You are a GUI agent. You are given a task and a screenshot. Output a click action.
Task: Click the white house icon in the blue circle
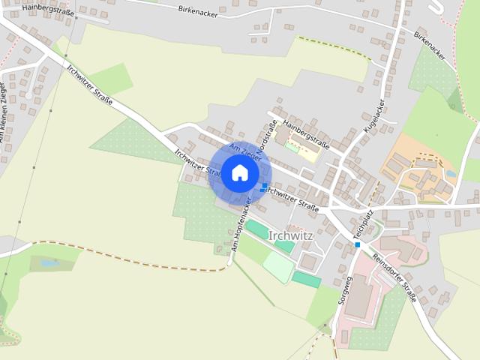[239, 172]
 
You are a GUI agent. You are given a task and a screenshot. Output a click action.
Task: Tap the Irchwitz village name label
[290, 235]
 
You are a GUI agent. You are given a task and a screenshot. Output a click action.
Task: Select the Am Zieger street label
[246, 151]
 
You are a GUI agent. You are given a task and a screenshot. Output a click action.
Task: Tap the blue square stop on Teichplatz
[358, 244]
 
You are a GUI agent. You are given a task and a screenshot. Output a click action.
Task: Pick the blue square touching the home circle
[264, 186]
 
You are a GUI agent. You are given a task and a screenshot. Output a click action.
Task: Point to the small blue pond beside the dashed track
[50, 263]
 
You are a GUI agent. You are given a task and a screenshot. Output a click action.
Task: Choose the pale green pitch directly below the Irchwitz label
[277, 266]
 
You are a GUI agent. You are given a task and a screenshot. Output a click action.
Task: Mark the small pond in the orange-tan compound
[450, 174]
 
